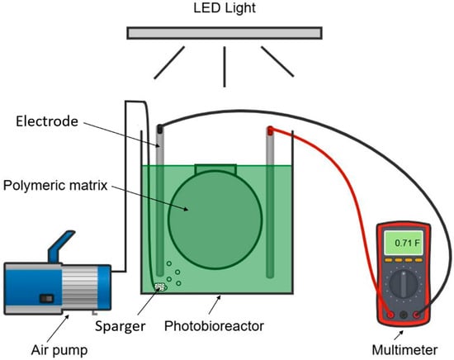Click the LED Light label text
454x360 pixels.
coord(225,8)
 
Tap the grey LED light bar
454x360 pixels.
coord(225,33)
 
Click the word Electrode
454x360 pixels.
coord(47,121)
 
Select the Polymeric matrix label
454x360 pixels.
coord(55,185)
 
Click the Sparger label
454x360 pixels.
coord(121,327)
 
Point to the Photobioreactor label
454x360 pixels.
coord(214,326)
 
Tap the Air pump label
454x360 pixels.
coord(59,350)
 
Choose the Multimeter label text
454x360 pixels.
coord(404,350)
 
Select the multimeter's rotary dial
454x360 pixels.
coord(404,284)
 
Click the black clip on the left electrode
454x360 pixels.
coord(159,128)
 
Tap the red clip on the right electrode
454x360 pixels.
coord(270,130)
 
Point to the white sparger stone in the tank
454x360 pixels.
coord(160,287)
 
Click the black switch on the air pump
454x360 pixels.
coord(47,298)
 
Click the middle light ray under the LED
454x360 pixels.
coord(225,67)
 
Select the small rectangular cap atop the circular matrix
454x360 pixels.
coord(215,169)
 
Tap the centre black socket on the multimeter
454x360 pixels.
coord(404,315)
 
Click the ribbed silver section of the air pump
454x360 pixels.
coord(79,288)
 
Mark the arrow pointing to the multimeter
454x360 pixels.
coord(399,335)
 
